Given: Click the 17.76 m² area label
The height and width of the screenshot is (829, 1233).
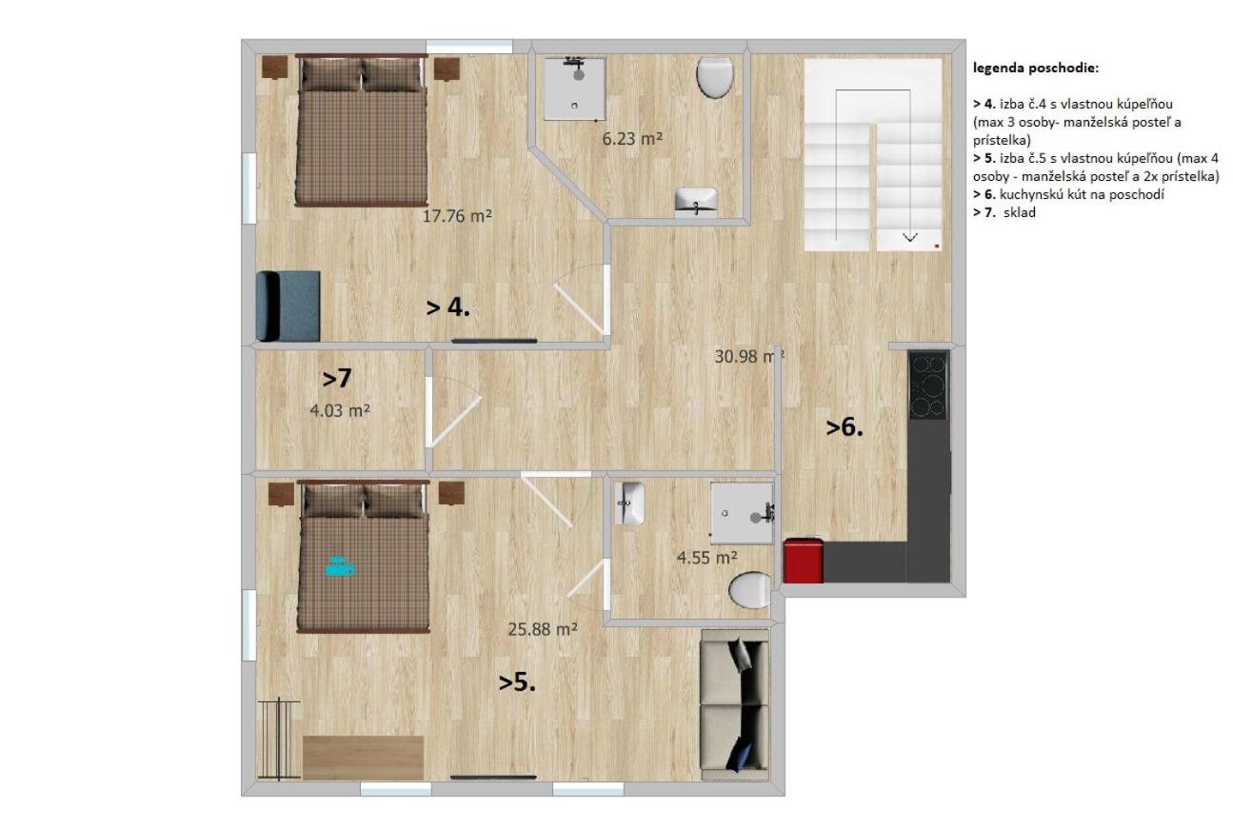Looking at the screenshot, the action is pyautogui.click(x=457, y=216).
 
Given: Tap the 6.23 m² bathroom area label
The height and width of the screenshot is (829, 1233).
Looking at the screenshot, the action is pyautogui.click(x=632, y=139).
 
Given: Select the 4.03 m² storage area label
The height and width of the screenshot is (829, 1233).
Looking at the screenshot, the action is pyautogui.click(x=340, y=410).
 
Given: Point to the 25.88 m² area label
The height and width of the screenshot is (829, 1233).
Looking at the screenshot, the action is pyautogui.click(x=542, y=629).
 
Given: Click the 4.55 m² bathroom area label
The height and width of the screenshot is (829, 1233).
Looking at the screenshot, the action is pyautogui.click(x=706, y=558).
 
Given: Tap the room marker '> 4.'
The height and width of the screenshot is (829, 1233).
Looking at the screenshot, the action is pyautogui.click(x=448, y=307).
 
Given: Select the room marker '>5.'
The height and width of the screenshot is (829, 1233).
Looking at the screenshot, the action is pyautogui.click(x=517, y=682).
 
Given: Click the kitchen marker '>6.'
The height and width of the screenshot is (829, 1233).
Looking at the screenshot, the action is pyautogui.click(x=845, y=427).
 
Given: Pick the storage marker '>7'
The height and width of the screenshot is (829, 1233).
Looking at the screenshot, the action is pyautogui.click(x=336, y=379).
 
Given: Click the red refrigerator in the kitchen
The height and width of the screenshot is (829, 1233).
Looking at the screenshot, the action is pyautogui.click(x=803, y=561).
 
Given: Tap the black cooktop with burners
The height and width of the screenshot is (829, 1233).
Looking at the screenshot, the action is pyautogui.click(x=928, y=385).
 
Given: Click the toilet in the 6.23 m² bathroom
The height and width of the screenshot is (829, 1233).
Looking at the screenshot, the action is pyautogui.click(x=715, y=77).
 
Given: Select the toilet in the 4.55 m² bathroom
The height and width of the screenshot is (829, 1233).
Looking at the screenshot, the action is pyautogui.click(x=749, y=590).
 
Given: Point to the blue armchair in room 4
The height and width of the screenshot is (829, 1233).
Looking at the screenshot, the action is pyautogui.click(x=288, y=306).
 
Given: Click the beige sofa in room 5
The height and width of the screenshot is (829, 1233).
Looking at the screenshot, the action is pyautogui.click(x=734, y=704).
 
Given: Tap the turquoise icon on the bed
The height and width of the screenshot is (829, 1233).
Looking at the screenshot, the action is pyautogui.click(x=340, y=566).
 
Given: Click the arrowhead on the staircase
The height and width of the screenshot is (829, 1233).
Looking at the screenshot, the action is pyautogui.click(x=910, y=237).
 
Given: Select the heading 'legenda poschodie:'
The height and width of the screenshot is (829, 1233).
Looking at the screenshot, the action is pyautogui.click(x=1036, y=69).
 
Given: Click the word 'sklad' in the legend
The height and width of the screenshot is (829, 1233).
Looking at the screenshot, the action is pyautogui.click(x=1020, y=212).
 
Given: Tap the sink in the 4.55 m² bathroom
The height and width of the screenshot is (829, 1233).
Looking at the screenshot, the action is pyautogui.click(x=629, y=503).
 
